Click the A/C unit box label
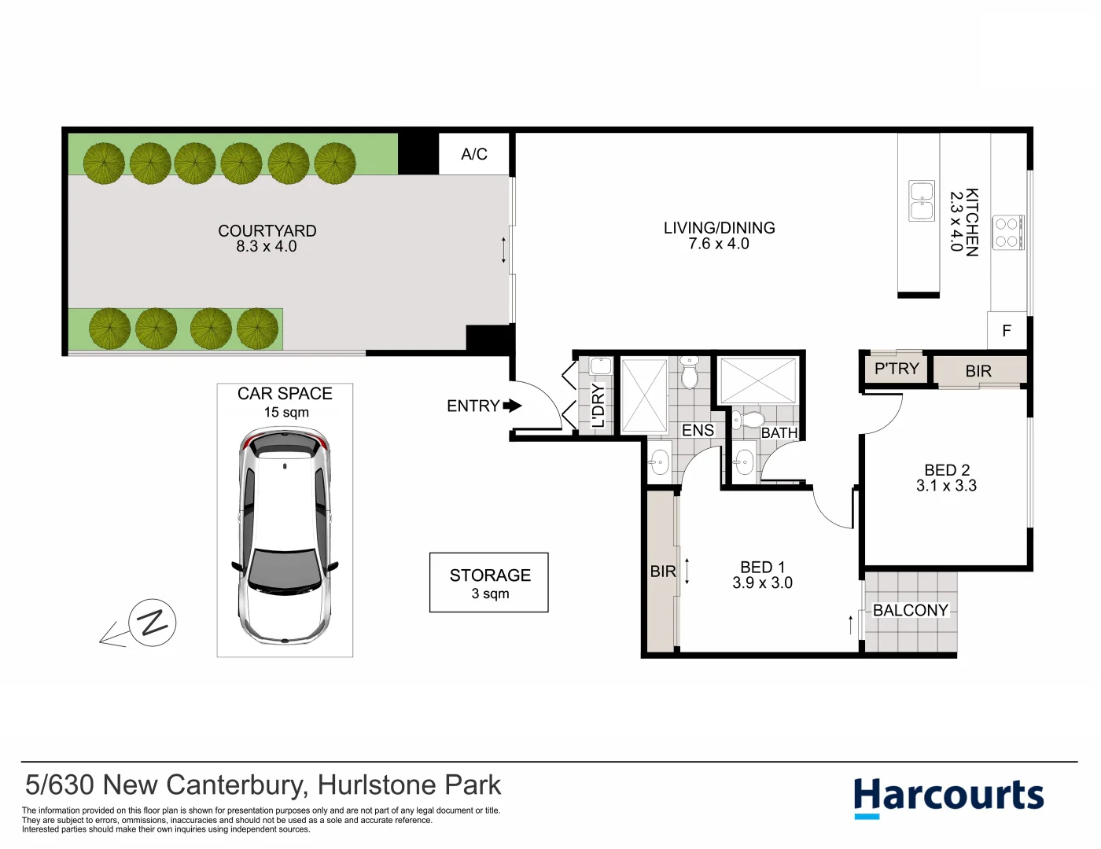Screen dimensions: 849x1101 (x=474, y=154)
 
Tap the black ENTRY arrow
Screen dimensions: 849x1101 (x=512, y=406)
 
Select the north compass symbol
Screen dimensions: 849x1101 (x=152, y=623)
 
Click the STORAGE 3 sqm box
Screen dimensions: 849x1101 (x=488, y=583)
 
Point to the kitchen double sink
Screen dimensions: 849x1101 (x=922, y=200)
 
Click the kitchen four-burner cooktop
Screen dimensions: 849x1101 (x=1007, y=233)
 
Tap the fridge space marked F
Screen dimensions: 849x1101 (x=1007, y=331)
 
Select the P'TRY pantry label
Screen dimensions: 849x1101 (x=897, y=369)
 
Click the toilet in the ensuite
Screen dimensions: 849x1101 (x=690, y=373)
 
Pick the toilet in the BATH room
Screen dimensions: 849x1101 (x=751, y=419)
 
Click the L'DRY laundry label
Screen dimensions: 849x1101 (x=598, y=406)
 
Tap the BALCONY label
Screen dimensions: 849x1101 (x=911, y=611)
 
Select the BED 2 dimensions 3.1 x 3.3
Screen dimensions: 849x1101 (x=946, y=486)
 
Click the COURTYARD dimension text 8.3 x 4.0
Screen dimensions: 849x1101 (x=267, y=246)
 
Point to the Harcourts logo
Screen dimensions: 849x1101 (x=948, y=796)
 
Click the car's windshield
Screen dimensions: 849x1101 (x=285, y=568)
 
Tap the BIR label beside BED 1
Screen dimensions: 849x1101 (x=663, y=572)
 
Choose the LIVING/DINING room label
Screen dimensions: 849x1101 (x=719, y=228)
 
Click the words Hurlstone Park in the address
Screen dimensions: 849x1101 (x=409, y=785)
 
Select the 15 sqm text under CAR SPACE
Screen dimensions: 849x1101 (x=286, y=412)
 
